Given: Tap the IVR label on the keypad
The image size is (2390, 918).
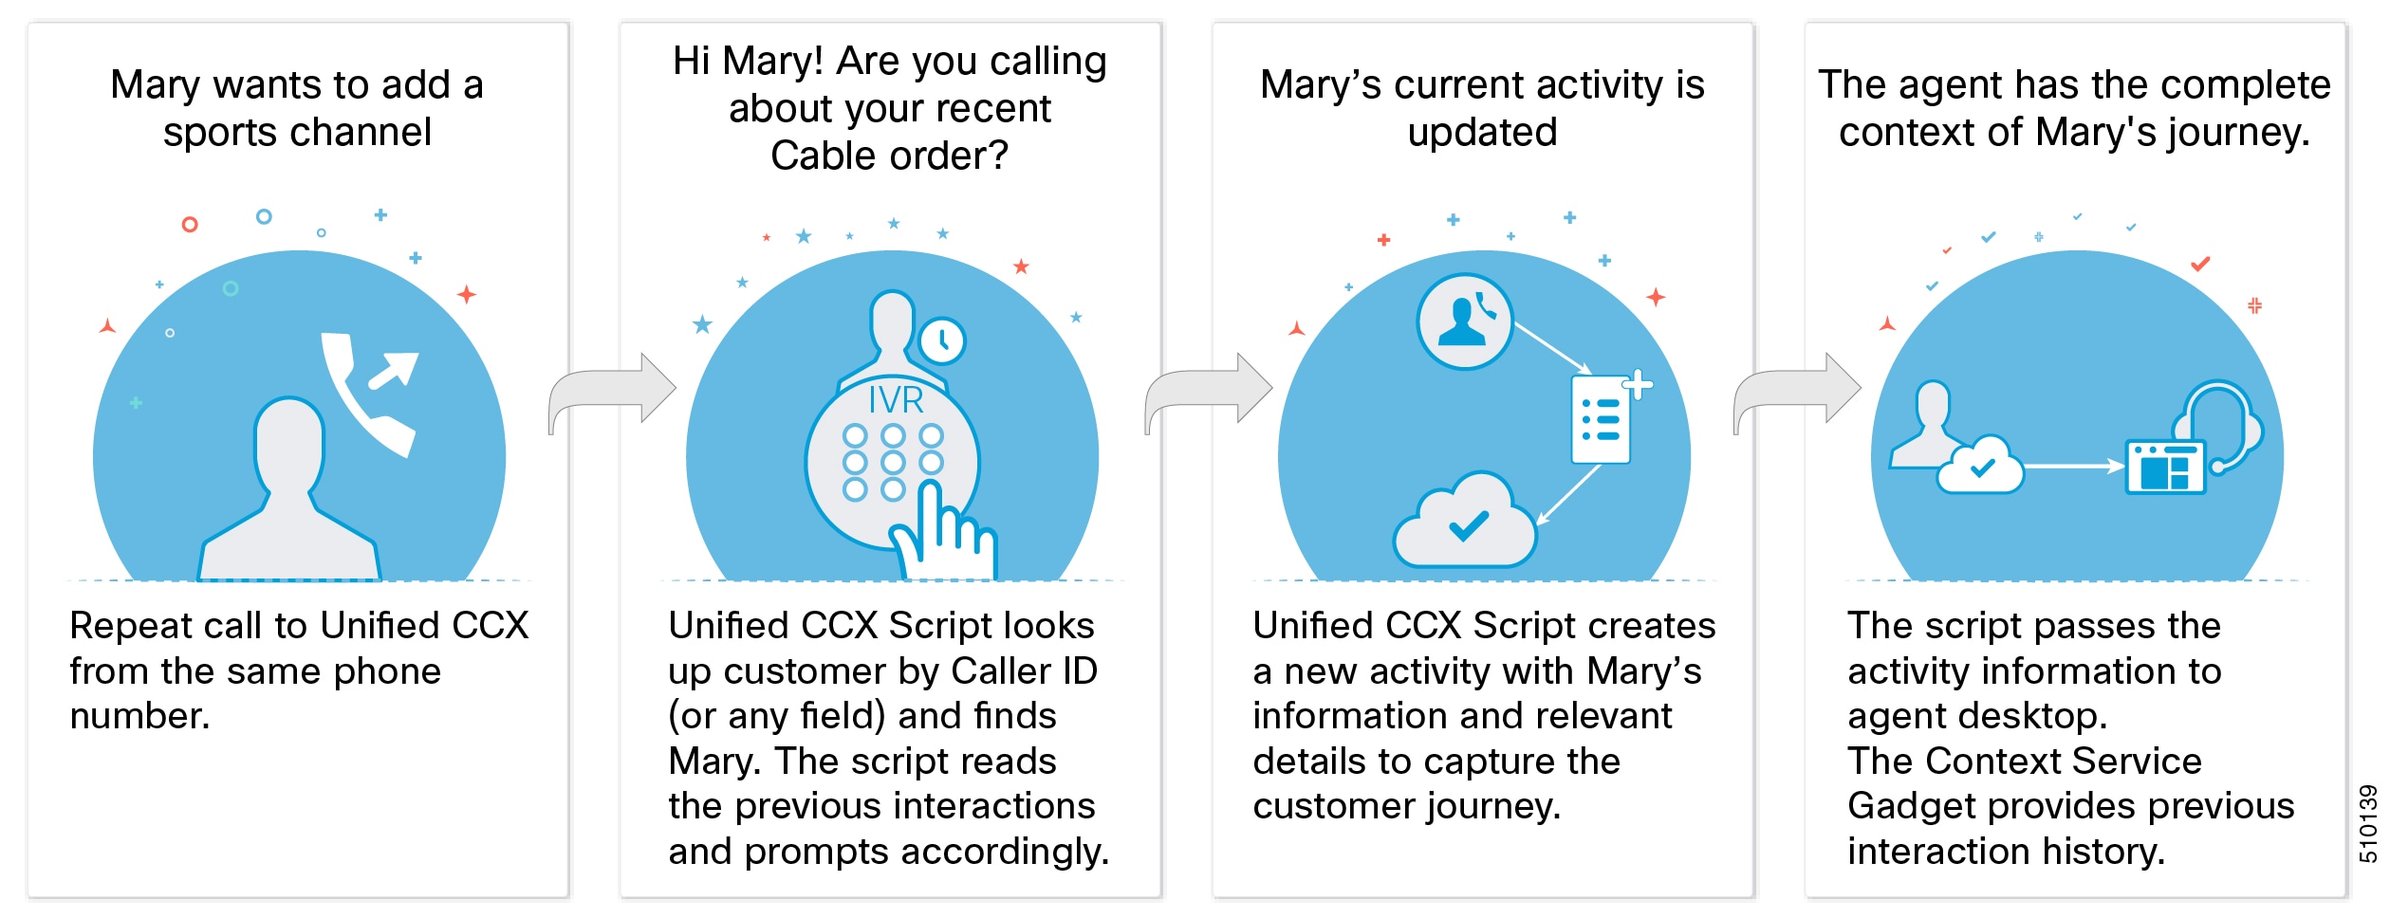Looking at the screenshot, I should click(x=896, y=400).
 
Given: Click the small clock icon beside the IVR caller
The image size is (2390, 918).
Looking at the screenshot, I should click(x=942, y=340).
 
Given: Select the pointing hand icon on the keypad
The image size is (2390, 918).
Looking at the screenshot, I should click(x=944, y=536).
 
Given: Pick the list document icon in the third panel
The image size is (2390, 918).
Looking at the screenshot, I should click(x=1603, y=419).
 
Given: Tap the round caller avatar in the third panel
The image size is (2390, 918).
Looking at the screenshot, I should click(x=1464, y=321).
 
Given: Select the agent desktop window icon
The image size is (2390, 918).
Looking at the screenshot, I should click(x=2165, y=467).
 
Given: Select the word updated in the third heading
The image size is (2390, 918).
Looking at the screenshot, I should click(x=1482, y=133).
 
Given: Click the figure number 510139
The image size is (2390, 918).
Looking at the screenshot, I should click(x=2368, y=823).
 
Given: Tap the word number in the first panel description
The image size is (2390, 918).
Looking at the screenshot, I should click(x=139, y=716).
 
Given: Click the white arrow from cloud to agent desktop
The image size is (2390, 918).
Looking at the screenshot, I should click(x=2074, y=466).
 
